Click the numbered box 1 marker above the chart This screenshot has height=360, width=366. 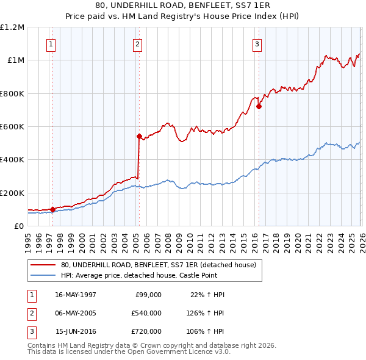pos(51,44)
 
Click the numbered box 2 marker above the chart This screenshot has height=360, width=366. pos(138,44)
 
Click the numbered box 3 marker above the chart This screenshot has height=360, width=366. pos(257,44)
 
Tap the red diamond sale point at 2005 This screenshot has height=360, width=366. pos(139,137)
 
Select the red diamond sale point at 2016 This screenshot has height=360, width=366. pos(259,107)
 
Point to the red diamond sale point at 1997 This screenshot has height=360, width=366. pos(52,209)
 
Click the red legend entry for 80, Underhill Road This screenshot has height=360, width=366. pos(159,265)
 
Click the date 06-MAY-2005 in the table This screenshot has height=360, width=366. pos(76,313)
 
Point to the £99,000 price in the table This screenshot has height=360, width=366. pos(148,295)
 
